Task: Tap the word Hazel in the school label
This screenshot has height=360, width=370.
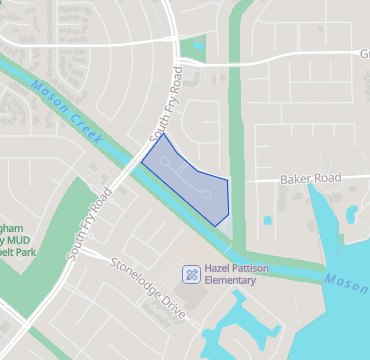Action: pyautogui.click(x=218, y=268)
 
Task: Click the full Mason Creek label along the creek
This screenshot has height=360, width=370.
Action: pyautogui.click(x=66, y=109)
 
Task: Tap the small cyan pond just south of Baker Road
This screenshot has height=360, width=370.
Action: pyautogui.click(x=267, y=220)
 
